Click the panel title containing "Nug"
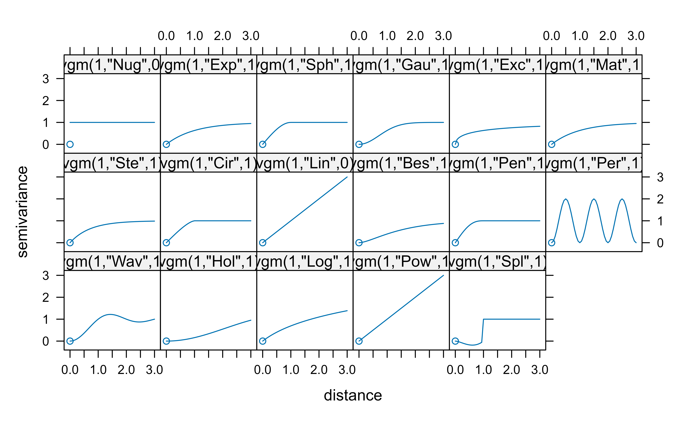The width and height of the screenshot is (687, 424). (112, 64)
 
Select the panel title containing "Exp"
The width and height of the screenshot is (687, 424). (209, 64)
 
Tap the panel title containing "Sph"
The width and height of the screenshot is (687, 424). (305, 64)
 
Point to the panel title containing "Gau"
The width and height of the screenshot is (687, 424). (401, 64)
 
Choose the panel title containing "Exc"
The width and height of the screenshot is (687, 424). (497, 64)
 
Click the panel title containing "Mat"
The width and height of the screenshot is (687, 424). (594, 64)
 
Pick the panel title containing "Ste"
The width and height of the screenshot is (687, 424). (112, 163)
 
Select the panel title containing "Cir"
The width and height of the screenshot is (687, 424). (209, 163)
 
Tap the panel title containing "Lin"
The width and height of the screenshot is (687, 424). (305, 163)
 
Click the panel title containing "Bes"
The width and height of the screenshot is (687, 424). (401, 163)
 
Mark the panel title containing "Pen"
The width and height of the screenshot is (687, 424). (497, 163)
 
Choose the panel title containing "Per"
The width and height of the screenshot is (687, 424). (594, 163)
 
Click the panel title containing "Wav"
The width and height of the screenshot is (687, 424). (112, 261)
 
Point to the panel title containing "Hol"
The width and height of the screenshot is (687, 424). (209, 261)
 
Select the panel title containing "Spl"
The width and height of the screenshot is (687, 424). (497, 261)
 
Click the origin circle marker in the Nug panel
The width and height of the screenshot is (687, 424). (70, 144)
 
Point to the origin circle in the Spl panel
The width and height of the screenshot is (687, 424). (455, 341)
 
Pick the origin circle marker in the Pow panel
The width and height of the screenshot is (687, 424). (359, 341)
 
